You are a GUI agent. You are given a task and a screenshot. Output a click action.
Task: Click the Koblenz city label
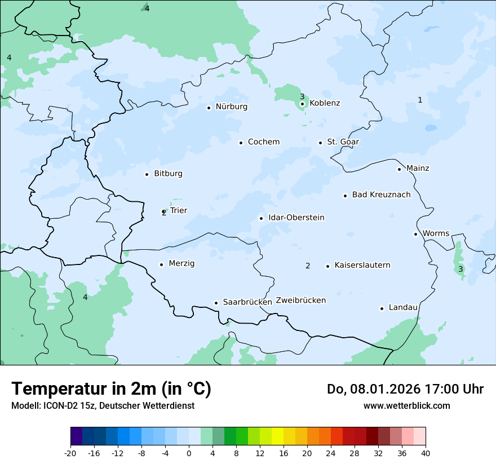(x=325, y=103)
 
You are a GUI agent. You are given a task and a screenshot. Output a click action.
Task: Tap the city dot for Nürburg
(x=209, y=108)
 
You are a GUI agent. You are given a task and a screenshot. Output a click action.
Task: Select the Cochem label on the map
(x=263, y=142)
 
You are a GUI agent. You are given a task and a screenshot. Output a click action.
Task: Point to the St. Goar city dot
(x=320, y=143)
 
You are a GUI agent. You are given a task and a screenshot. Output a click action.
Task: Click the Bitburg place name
(x=168, y=174)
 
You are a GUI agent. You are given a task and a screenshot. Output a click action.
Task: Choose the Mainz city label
(x=417, y=169)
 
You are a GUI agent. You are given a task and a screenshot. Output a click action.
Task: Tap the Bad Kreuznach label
(x=381, y=195)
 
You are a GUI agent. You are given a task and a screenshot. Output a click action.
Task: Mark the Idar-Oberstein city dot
(x=261, y=218)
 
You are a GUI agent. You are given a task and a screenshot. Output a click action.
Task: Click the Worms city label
(x=436, y=233)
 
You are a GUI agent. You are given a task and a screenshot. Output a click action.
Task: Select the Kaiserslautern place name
(x=362, y=266)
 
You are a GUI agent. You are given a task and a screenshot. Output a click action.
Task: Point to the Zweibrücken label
(x=300, y=301)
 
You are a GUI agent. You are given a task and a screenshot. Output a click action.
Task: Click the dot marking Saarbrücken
(x=216, y=303)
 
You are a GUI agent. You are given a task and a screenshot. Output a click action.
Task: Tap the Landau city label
(x=403, y=308)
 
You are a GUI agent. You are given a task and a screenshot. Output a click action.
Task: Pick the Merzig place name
(x=181, y=264)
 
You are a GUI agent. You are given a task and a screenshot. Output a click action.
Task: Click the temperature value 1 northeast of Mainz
(x=420, y=100)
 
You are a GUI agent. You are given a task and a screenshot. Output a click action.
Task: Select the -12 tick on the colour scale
(x=117, y=453)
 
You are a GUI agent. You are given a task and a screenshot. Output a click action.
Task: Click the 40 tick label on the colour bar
(x=425, y=453)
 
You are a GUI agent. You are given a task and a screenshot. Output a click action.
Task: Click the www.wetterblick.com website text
(x=406, y=405)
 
